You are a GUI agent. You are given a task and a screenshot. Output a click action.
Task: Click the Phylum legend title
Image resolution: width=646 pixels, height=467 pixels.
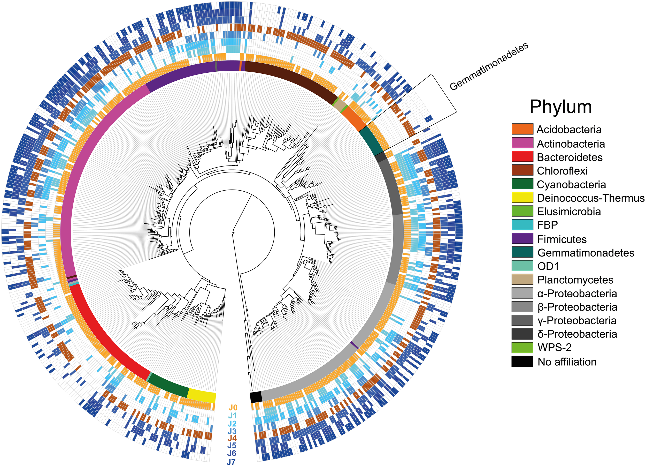tap(560, 107)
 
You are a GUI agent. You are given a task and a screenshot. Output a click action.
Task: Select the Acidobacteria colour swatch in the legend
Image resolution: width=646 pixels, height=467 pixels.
tap(522, 129)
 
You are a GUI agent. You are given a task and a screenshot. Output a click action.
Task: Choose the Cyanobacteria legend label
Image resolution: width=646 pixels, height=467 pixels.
tap(571, 184)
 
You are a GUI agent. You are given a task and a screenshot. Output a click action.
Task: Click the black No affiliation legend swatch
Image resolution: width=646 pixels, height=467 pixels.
tap(522, 361)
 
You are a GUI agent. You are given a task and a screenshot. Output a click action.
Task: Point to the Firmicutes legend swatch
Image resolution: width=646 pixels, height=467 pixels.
tap(522, 239)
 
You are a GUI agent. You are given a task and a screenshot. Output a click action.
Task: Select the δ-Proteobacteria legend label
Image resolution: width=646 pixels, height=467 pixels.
tap(577, 334)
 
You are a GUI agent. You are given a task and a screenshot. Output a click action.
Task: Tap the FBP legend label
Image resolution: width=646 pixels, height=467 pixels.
tap(547, 225)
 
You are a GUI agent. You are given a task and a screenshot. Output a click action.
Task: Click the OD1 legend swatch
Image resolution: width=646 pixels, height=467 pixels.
tap(522, 266)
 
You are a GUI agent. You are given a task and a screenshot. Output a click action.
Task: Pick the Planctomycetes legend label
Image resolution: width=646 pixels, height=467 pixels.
tap(575, 280)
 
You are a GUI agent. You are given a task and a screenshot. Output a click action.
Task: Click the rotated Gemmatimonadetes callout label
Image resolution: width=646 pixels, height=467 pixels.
tap(489, 67)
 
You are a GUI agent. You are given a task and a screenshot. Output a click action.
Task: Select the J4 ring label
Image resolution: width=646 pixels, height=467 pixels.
tap(232, 438)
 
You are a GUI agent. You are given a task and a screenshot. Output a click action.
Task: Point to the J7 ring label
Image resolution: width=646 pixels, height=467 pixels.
tap(231, 462)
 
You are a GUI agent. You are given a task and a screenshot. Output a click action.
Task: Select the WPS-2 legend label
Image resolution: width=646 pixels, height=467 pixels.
tap(554, 347)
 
